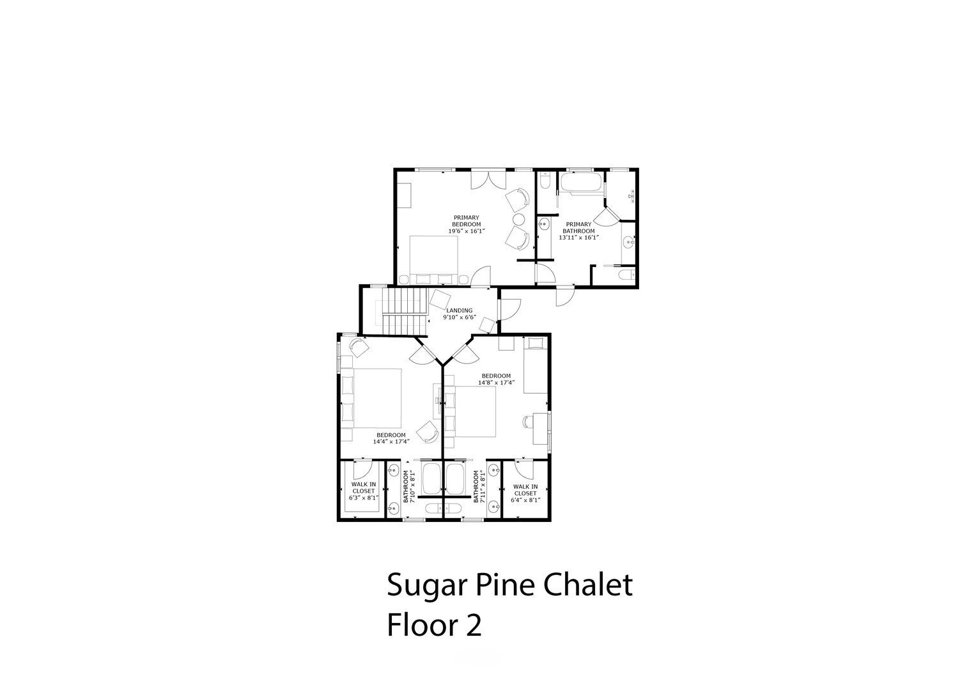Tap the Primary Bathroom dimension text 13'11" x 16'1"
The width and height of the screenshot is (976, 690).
[x=579, y=238]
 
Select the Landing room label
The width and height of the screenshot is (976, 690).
[x=460, y=310]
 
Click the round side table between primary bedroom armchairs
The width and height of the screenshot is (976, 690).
[x=520, y=219]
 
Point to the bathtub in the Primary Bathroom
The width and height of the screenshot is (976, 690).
[x=582, y=182]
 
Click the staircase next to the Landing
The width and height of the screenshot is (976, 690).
[x=403, y=312]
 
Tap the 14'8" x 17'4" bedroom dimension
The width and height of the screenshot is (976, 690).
[x=496, y=383]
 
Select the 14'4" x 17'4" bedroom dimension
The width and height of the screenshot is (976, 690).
[x=391, y=441]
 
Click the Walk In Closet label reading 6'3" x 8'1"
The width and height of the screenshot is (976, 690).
[x=364, y=491]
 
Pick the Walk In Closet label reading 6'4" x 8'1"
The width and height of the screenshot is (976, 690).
[x=525, y=493]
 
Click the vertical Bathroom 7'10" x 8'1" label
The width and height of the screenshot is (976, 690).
[x=408, y=487]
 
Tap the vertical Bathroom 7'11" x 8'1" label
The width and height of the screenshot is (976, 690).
[x=479, y=487]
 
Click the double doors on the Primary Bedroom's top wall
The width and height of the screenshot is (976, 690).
[x=488, y=180]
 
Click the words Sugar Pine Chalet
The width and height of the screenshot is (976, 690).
[x=509, y=585]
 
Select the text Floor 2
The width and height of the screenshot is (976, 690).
[x=434, y=625]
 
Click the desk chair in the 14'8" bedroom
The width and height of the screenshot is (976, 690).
[x=528, y=421]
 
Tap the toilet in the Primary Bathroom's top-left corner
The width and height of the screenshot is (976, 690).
[x=545, y=180]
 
